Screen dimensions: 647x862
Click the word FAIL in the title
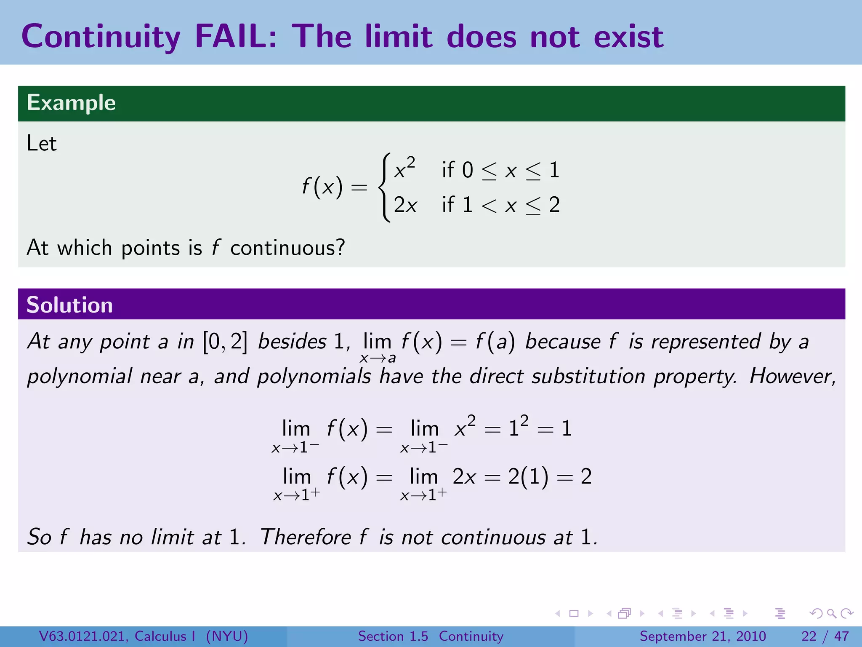point(236,36)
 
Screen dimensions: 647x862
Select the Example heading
point(71,103)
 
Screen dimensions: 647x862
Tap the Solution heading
point(69,305)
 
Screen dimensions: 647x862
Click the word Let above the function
point(41,143)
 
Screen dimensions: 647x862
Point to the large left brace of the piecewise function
point(384,187)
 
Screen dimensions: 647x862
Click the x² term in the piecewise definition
point(404,168)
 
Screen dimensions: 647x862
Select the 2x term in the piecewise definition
point(405,206)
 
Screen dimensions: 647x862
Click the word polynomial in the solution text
point(80,376)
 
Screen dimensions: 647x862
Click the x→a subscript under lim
point(378,358)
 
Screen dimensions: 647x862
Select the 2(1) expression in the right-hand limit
point(528,477)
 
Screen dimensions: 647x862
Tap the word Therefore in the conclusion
point(305,537)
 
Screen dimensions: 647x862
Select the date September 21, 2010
point(702,636)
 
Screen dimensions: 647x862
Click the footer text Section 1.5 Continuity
point(431,636)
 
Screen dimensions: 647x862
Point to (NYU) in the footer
point(227,636)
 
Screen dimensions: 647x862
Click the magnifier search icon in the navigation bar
point(831,613)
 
